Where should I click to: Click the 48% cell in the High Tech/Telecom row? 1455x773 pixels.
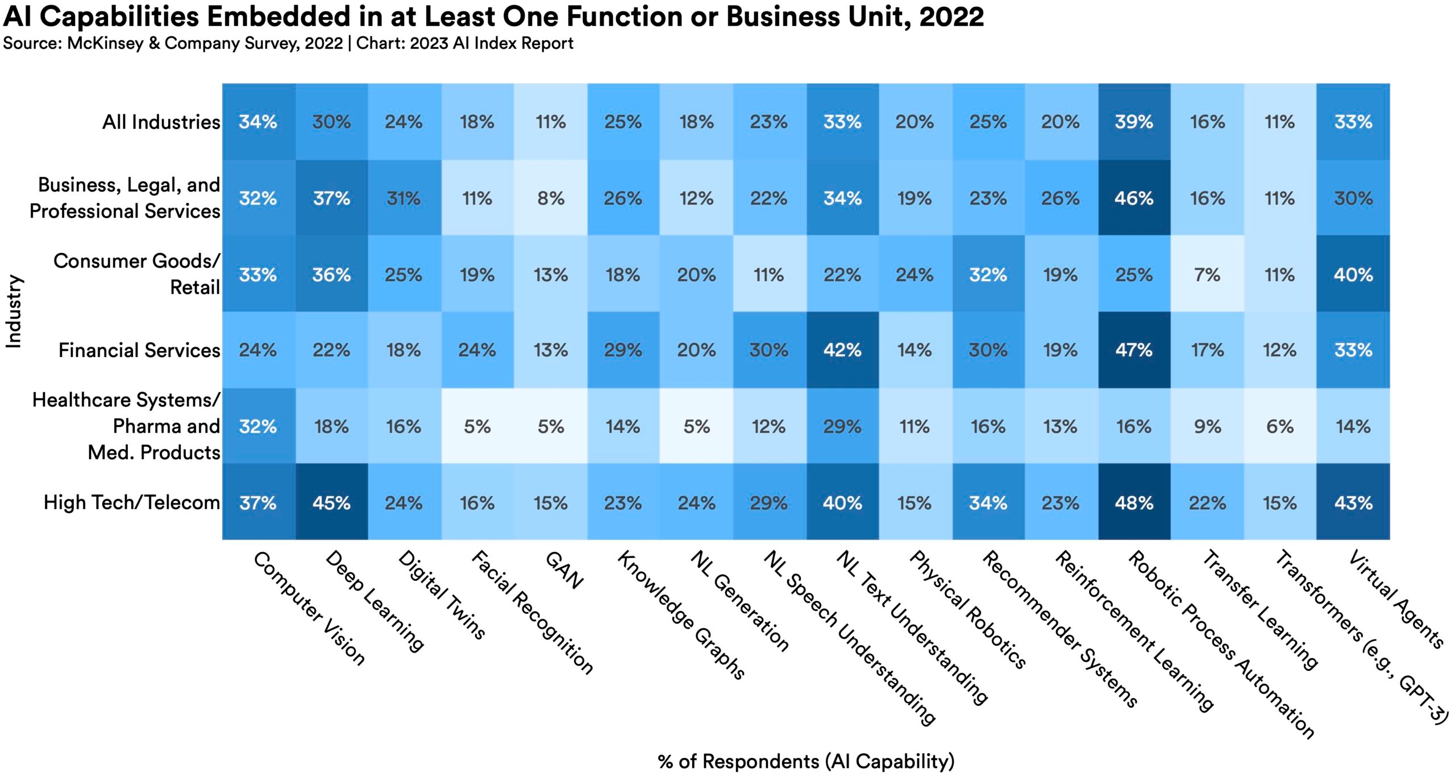point(1133,503)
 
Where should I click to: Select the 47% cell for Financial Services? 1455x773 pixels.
point(1133,350)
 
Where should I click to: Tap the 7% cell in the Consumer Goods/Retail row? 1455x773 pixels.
point(1207,275)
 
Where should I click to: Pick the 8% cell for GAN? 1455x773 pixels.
point(550,198)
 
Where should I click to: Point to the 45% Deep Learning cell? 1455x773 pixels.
point(331,503)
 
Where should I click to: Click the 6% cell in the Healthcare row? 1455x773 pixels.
point(1279,426)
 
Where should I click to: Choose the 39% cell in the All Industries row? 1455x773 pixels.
point(1133,122)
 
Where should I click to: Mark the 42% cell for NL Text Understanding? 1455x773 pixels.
point(842,350)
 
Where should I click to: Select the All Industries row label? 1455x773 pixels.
point(161,122)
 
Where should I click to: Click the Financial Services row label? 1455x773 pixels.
point(139,350)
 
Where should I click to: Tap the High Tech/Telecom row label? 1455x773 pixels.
point(132,503)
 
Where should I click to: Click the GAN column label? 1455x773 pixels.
point(564,570)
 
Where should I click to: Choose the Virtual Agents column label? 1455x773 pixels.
point(1396,599)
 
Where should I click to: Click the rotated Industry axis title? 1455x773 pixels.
point(14,311)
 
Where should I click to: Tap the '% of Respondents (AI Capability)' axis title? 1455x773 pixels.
point(806,761)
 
